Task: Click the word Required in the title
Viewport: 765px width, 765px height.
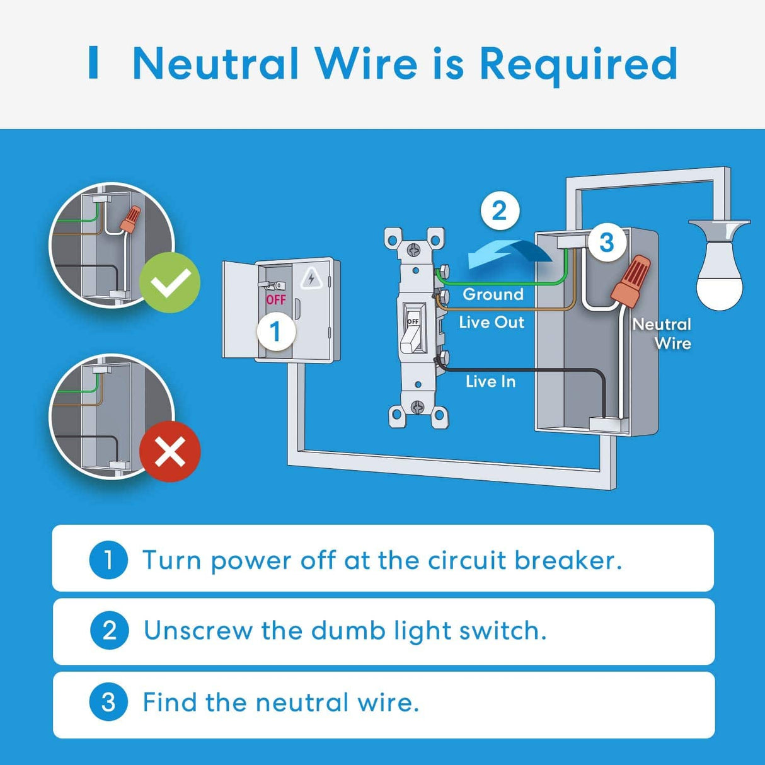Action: tap(578, 64)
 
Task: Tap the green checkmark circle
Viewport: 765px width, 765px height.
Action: tap(170, 282)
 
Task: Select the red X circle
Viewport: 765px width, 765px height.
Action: tap(170, 451)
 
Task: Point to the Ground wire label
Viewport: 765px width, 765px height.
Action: tap(493, 294)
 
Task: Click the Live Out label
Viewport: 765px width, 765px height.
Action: tap(492, 322)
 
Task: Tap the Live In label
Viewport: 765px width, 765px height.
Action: tap(490, 381)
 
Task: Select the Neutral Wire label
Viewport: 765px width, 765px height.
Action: tap(662, 333)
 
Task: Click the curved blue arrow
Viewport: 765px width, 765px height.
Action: tap(508, 253)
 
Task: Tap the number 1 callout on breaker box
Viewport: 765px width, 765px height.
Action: tap(275, 331)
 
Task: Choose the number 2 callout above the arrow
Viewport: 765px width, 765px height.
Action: tap(499, 210)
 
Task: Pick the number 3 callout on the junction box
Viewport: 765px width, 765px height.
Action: tap(606, 242)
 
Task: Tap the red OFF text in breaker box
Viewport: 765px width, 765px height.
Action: tap(275, 300)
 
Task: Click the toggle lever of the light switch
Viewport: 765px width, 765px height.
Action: tap(411, 334)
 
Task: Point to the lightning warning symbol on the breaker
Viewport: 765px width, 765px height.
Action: tap(311, 278)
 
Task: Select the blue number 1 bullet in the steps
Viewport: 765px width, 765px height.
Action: tap(108, 560)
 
